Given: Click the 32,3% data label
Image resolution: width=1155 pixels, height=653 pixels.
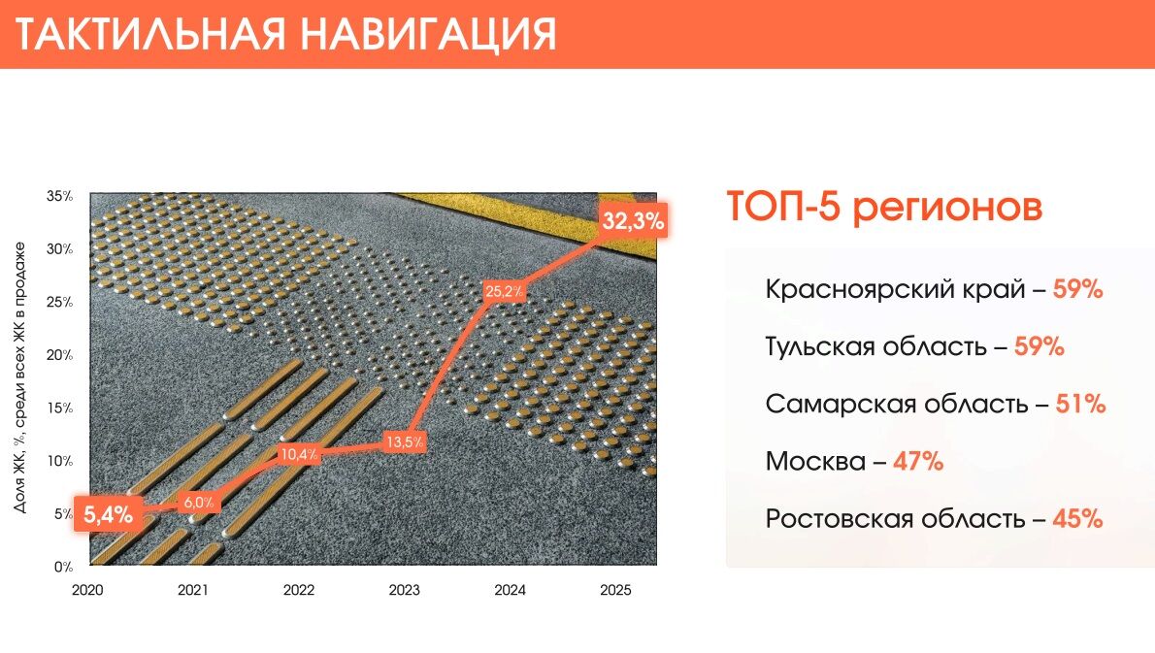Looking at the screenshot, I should point(633,221).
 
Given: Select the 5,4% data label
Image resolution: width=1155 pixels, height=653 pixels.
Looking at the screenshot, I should point(108,515).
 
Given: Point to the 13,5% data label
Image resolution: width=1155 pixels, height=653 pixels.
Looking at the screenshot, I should point(404,442).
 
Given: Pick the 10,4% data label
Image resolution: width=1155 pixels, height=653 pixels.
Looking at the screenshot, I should point(298,454).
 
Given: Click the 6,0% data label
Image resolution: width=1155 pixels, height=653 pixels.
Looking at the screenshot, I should point(198,503).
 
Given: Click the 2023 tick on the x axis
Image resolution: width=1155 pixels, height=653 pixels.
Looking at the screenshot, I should point(404,589).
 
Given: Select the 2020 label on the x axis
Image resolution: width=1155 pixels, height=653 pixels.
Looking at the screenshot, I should point(87,589).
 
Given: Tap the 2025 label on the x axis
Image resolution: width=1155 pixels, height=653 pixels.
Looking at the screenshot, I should point(615,589).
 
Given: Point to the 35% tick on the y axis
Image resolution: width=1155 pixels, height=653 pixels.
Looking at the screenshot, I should point(60,197).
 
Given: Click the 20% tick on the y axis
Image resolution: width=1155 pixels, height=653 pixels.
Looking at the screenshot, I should point(60,355).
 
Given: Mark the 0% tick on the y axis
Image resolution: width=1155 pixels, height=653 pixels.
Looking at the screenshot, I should point(63,567).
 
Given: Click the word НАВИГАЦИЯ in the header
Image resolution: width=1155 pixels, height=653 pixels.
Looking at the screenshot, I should point(428,34).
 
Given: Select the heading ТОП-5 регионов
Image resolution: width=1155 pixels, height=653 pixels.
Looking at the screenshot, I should point(884,208).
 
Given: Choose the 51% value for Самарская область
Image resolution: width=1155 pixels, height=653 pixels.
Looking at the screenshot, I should point(1080,404).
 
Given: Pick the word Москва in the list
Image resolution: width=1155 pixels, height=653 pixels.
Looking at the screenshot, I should point(815,461).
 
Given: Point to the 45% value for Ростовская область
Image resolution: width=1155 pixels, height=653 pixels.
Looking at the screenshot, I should point(1077,518).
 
